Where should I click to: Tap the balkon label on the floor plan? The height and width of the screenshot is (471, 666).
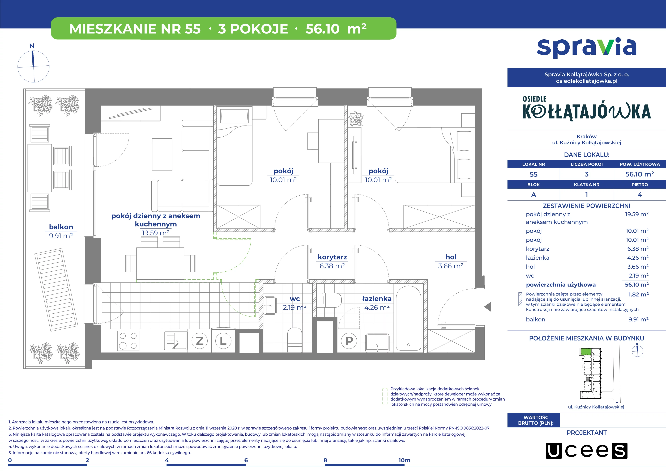(x=61, y=227)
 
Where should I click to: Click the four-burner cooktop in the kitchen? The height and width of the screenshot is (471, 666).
(x=128, y=341)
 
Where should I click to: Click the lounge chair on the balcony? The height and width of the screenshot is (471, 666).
(x=56, y=290)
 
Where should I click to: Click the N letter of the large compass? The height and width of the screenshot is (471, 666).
(x=32, y=46)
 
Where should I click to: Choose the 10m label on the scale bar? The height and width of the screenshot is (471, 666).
(x=404, y=460)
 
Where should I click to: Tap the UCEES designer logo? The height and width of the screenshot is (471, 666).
(x=587, y=451)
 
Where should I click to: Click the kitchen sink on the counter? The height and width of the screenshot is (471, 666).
(x=176, y=341)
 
